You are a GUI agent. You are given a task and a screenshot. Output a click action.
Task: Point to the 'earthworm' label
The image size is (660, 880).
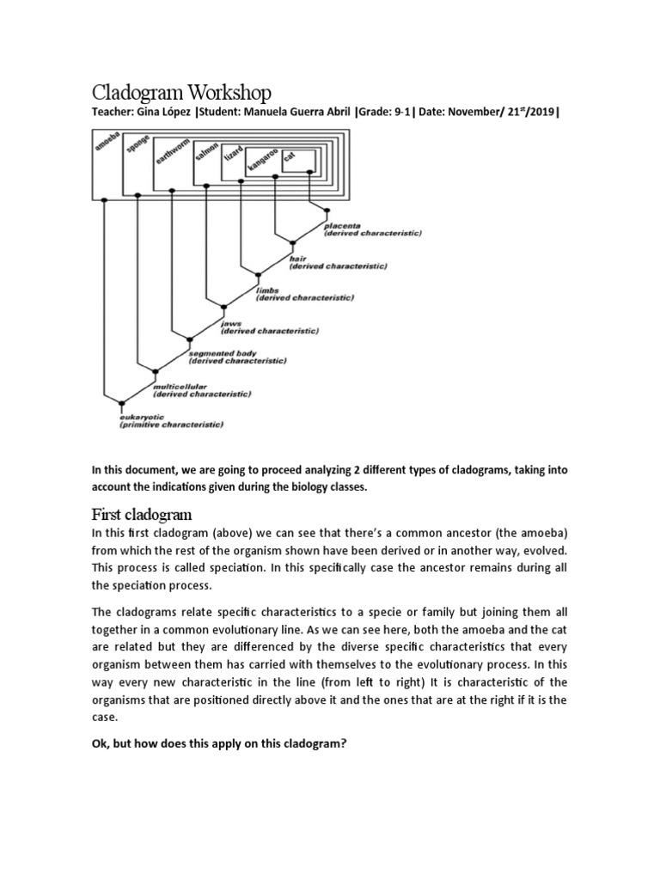(170, 151)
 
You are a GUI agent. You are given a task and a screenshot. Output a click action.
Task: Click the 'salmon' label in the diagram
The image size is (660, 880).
(206, 152)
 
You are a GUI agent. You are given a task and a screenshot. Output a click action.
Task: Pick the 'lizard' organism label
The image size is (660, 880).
(233, 156)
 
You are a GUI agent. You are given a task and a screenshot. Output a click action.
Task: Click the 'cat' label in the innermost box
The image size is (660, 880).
(289, 160)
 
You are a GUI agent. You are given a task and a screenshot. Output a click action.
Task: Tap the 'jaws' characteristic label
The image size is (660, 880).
(230, 324)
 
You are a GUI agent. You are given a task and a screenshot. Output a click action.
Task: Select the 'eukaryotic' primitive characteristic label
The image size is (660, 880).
(142, 417)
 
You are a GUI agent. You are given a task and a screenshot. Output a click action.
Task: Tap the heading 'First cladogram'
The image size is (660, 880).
(142, 515)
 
